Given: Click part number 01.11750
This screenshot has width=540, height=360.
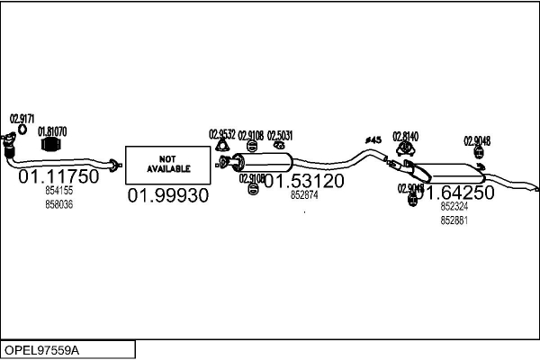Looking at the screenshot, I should click(x=58, y=176).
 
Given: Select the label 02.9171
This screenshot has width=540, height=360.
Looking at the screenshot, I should click(x=22, y=118).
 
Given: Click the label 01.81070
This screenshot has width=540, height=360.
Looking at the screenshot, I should click(x=52, y=130).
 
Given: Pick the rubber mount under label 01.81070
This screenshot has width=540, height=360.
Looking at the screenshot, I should click(x=52, y=145).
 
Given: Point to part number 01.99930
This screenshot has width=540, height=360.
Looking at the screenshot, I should click(x=167, y=195).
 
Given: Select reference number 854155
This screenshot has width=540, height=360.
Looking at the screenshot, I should click(x=58, y=191).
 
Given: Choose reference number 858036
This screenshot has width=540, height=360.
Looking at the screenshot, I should click(x=58, y=204).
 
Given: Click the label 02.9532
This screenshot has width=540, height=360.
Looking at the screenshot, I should click(x=222, y=134).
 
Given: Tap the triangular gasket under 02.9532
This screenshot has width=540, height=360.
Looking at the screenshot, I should click(x=221, y=148).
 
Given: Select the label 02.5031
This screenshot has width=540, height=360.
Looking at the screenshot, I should click(x=280, y=135).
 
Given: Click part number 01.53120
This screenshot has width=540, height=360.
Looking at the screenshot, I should click(x=302, y=180).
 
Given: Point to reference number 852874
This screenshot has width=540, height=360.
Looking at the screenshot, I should click(x=302, y=194).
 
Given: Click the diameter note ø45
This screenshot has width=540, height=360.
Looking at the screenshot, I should click(x=373, y=139).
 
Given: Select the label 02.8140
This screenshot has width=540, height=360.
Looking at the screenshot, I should click(x=405, y=136).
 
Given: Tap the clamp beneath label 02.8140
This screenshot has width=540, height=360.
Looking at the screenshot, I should click(x=406, y=148).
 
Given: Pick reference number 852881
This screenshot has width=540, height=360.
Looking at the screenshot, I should click(x=454, y=220).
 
